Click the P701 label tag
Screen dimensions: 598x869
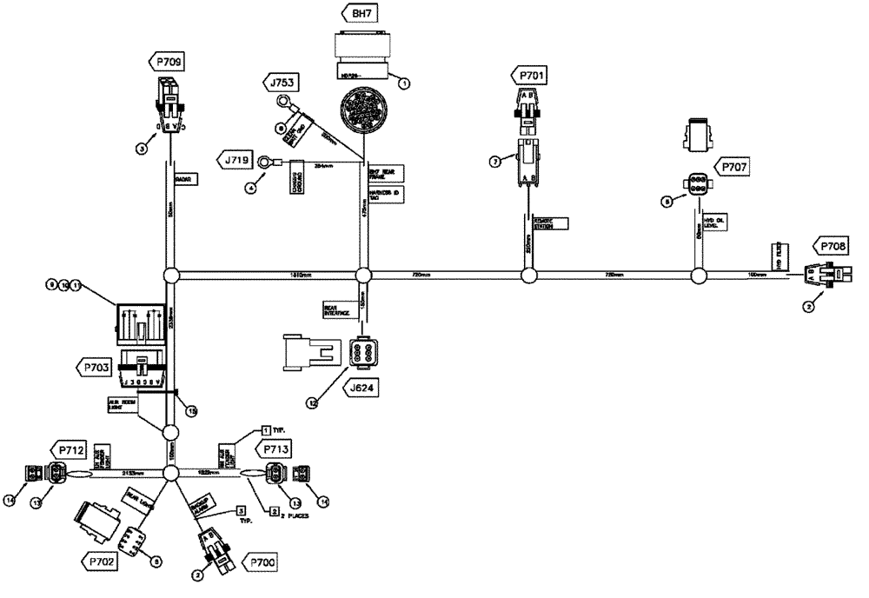(532, 77)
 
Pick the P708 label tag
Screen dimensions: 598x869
(829, 246)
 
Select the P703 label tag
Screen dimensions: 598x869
(97, 369)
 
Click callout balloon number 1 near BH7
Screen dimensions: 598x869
(402, 83)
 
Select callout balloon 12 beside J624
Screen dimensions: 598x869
(311, 402)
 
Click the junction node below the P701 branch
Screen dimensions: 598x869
(527, 276)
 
